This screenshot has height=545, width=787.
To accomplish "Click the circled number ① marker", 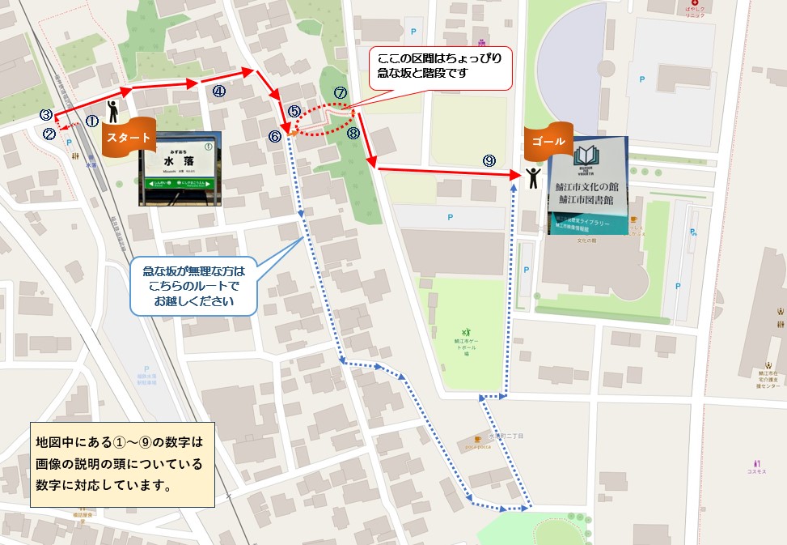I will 91,121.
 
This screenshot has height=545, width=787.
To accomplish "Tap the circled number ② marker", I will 49,134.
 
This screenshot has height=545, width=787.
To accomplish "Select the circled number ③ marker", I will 46,115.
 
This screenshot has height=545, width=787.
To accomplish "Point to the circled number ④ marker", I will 218,92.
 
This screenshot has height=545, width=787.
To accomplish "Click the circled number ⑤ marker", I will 294,111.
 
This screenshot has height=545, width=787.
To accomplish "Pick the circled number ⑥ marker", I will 275,137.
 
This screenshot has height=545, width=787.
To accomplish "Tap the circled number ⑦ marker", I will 340,94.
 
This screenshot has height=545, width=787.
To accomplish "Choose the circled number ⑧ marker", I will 353,134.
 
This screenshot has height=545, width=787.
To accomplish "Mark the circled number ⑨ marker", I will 489,160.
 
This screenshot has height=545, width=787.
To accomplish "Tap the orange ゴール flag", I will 548,139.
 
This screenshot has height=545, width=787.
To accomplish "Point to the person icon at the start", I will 113,111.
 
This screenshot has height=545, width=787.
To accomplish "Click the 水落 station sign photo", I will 180,168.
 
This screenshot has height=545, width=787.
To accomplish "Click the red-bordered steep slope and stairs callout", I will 440,67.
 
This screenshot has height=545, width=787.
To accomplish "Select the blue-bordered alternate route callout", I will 194,286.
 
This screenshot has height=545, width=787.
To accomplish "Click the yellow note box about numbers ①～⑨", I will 121,464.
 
